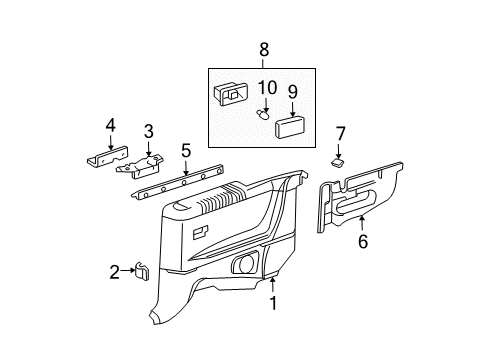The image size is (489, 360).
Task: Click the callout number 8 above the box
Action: coord(264,50)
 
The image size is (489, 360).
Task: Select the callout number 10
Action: coord(267,87)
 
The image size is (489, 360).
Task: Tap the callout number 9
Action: coord(293,92)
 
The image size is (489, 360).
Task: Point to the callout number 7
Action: coord(340,134)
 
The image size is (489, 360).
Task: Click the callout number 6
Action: coord(363,241)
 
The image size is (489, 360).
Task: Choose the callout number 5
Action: coord(186,150)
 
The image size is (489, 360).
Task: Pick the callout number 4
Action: coord(111,126)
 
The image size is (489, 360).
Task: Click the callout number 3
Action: coord(149,131)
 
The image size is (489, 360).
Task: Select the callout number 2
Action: coord(114,272)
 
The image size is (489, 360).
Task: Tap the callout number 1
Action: coord(273,303)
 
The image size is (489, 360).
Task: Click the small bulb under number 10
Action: coord(262,115)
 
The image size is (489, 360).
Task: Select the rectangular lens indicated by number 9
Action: coord(290,126)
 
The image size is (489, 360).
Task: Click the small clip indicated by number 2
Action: coord(141,271)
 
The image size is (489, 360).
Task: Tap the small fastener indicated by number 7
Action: coord(338,162)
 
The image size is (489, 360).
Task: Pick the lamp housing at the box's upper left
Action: coord(231,94)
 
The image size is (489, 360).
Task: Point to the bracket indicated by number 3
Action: coord(140,165)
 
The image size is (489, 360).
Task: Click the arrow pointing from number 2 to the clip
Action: coord(127,271)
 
